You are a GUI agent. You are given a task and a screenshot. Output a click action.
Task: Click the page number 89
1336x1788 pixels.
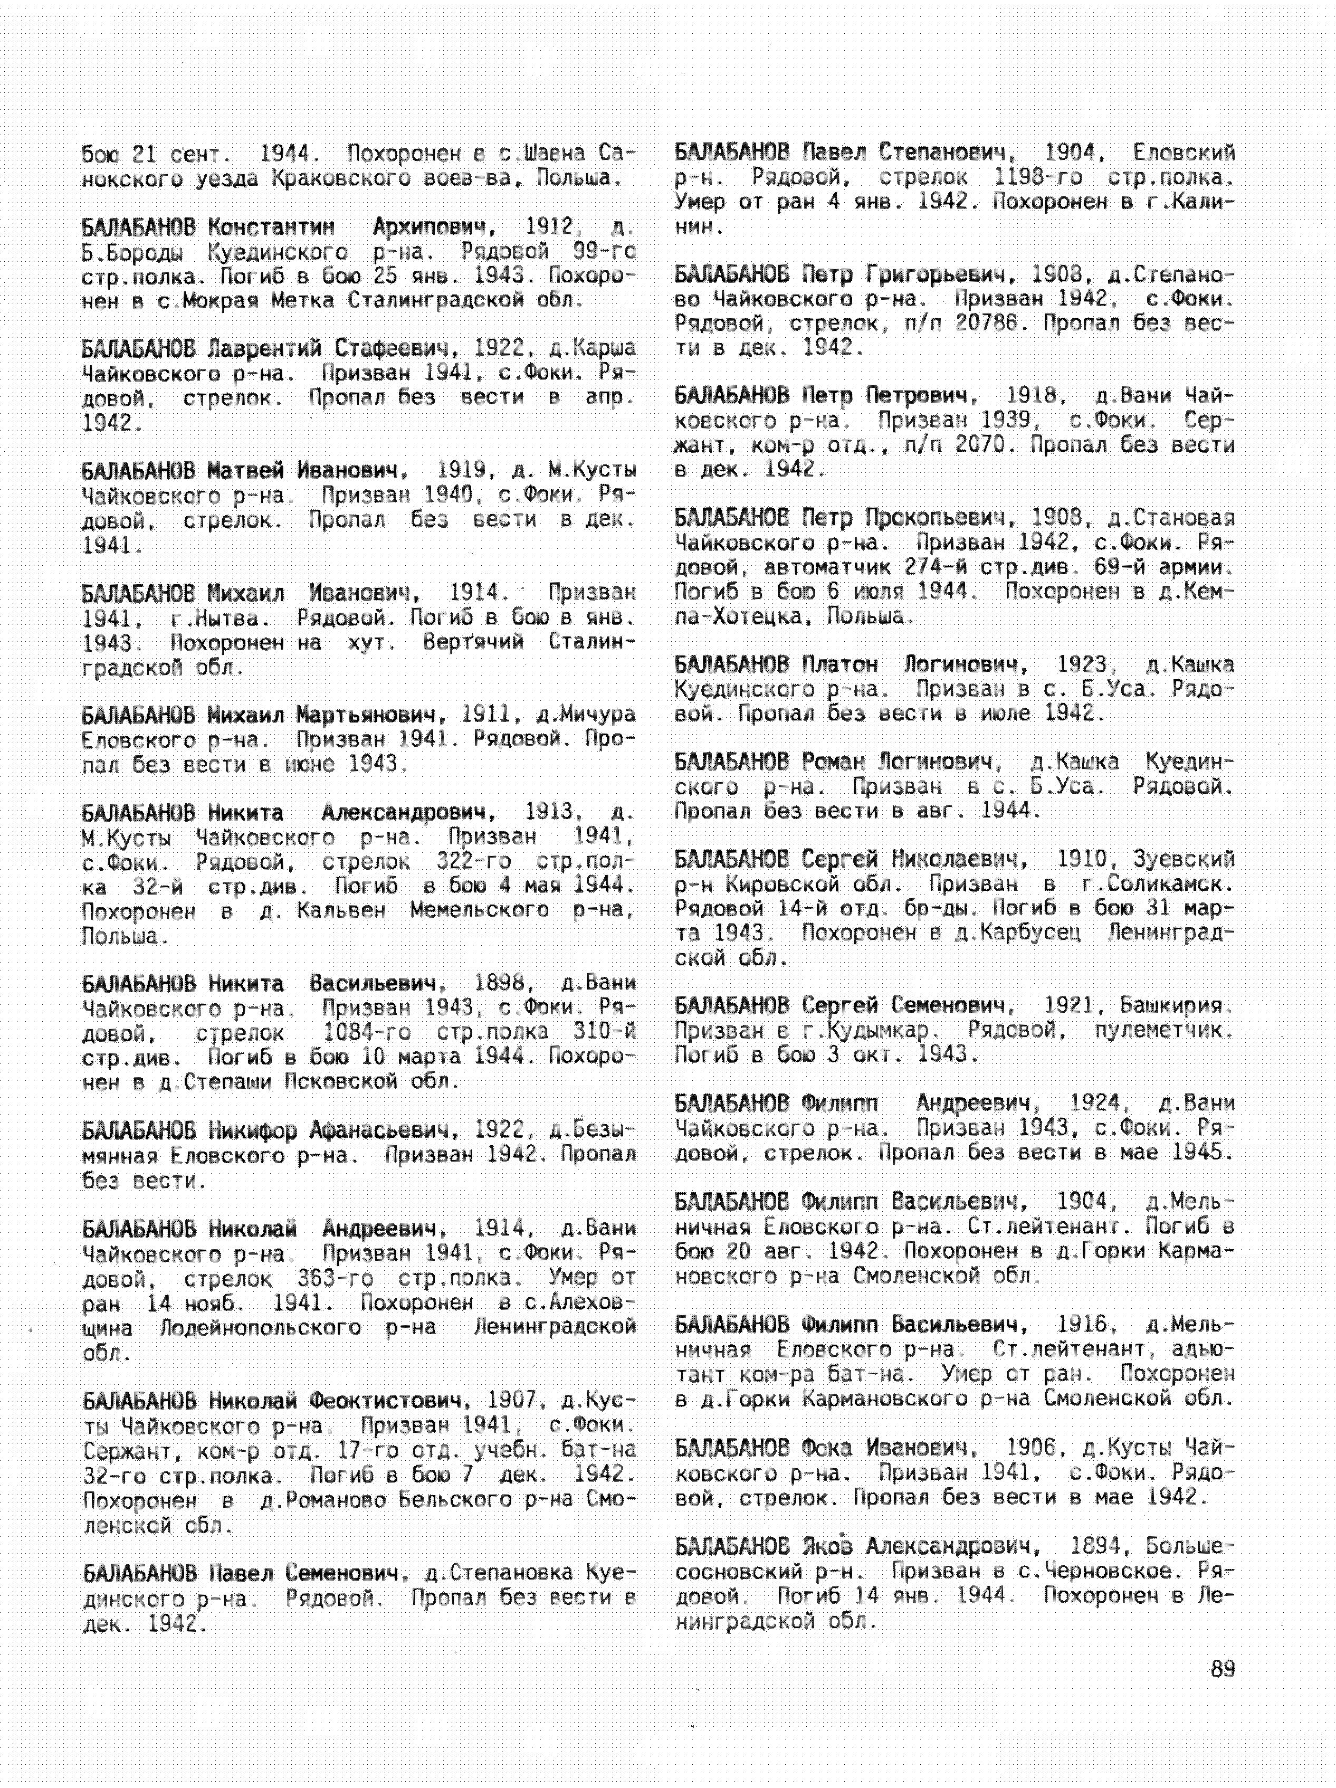point(1223,1669)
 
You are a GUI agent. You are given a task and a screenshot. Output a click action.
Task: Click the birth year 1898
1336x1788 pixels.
point(500,984)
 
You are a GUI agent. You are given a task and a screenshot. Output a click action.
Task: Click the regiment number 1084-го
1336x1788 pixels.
point(366,1033)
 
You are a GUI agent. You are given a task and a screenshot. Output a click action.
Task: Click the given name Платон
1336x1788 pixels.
point(839,664)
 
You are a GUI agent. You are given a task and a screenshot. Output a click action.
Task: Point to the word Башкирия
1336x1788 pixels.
point(1177,1005)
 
